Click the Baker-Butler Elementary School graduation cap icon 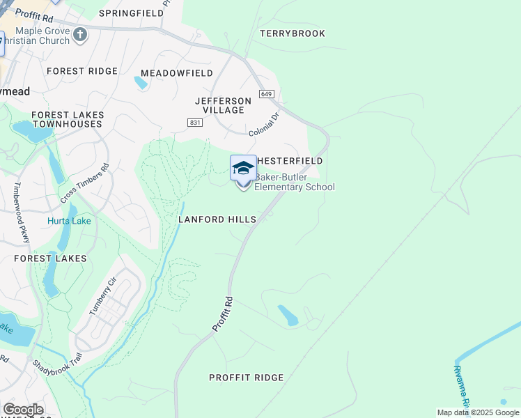coord(243,168)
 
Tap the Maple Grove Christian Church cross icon coord(81,35)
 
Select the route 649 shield coord(266,94)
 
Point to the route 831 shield coord(195,123)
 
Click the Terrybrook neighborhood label coord(292,33)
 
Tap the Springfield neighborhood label coord(132,13)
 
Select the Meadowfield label coord(177,73)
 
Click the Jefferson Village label coord(222,105)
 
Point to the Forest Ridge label coord(82,71)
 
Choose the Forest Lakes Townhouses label coord(68,119)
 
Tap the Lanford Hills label coord(217,219)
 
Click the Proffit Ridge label coord(247,378)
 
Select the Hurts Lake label coord(68,222)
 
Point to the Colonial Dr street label coord(264,124)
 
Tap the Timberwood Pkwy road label coord(22,213)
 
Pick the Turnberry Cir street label coord(101,295)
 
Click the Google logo coord(23,410)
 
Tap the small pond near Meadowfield coord(141,82)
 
